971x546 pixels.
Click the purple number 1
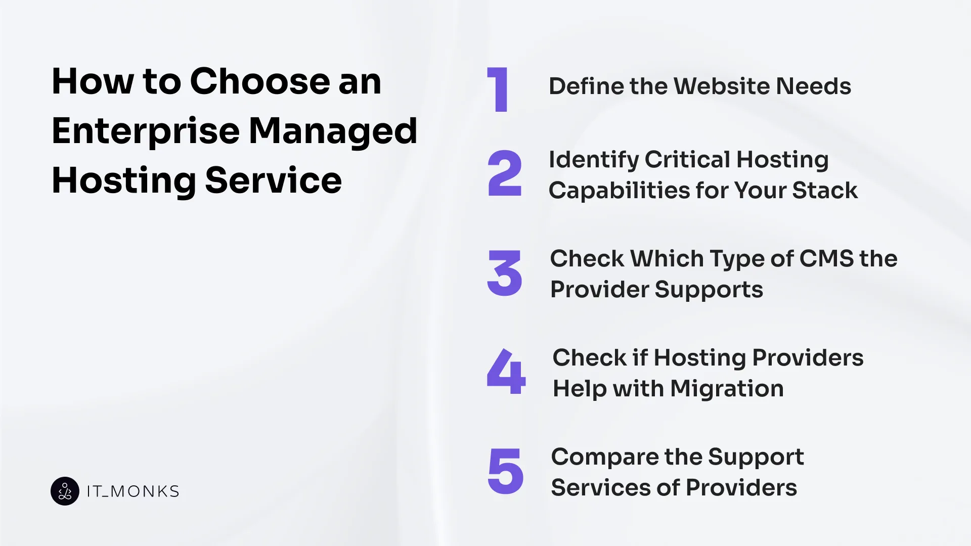(x=499, y=89)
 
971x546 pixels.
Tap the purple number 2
(x=504, y=173)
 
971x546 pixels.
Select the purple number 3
(x=504, y=274)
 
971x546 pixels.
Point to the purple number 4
(x=506, y=371)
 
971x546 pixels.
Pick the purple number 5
(x=505, y=471)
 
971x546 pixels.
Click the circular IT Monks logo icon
(x=65, y=491)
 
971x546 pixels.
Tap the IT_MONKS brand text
(x=133, y=491)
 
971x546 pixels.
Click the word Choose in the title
(x=260, y=81)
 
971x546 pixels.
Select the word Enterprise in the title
(x=146, y=131)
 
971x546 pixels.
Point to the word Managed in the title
(x=333, y=131)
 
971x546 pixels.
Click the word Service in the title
(x=274, y=180)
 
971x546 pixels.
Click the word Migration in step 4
(x=727, y=389)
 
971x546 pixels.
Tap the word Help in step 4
(x=580, y=389)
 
